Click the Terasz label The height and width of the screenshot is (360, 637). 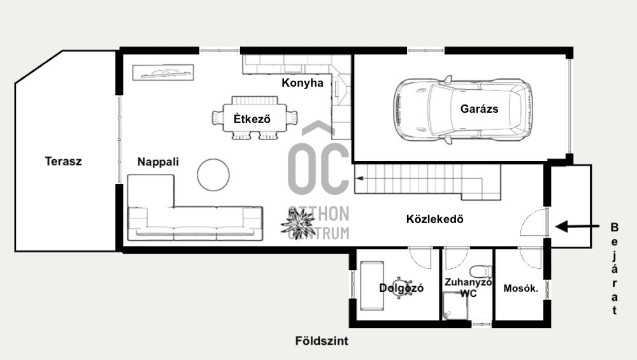tap(63, 161)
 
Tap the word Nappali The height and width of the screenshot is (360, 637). tap(158, 162)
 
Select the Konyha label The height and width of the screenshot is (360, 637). tap(303, 83)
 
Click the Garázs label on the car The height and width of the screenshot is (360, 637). tap(480, 109)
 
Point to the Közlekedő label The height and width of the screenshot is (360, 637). tap(434, 219)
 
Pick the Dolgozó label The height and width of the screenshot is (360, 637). tap(401, 288)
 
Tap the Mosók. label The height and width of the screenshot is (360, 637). tap(521, 289)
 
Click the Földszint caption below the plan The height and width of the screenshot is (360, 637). tap(322, 341)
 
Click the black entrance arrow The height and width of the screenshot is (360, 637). tap(577, 226)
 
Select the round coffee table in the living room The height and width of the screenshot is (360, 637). tap(213, 175)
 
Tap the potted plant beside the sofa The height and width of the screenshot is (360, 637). tap(297, 224)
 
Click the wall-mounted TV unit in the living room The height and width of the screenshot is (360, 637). tap(163, 73)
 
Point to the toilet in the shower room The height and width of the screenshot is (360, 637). tap(481, 271)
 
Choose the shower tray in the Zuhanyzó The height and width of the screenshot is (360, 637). tap(455, 306)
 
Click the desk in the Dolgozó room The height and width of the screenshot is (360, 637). tap(372, 285)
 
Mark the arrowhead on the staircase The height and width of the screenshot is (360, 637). tap(359, 178)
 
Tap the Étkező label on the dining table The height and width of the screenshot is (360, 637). tap(252, 119)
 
